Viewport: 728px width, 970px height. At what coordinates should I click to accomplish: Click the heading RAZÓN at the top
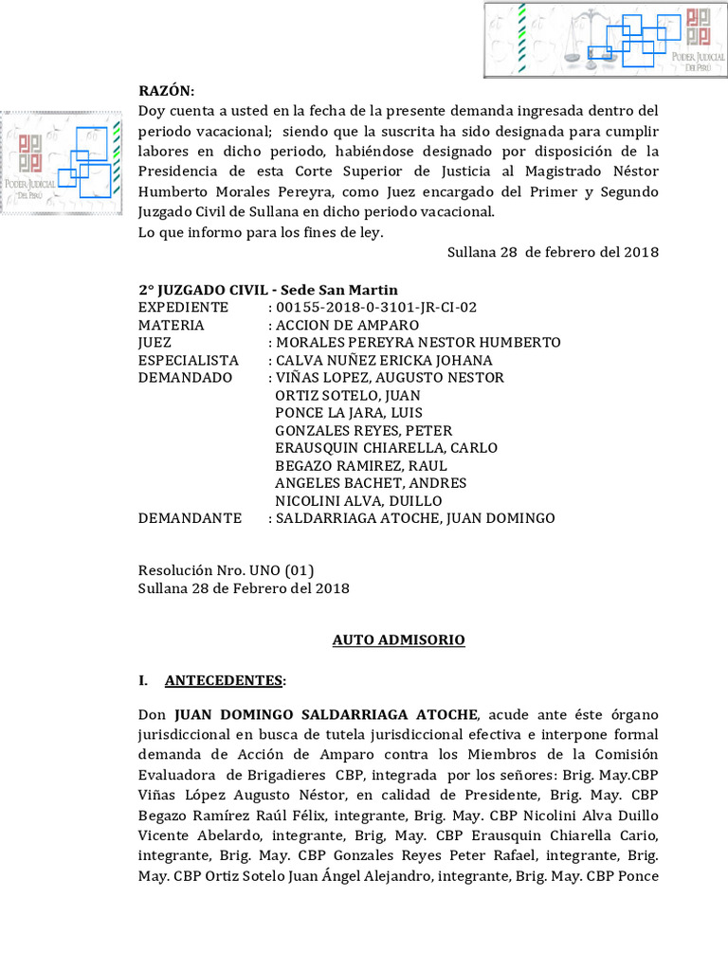pos(166,91)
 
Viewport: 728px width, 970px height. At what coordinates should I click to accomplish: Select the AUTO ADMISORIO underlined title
pos(398,640)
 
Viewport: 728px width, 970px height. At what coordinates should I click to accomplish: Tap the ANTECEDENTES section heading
pos(224,680)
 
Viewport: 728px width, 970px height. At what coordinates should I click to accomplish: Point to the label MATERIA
pos(172,325)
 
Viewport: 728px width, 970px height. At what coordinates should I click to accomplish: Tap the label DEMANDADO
pos(186,377)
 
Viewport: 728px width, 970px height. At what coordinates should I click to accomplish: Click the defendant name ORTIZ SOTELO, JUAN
pos(347,395)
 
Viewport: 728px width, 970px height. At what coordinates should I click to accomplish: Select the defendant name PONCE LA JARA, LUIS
pos(348,413)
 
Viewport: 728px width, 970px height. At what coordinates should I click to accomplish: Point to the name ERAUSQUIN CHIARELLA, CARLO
pos(386,448)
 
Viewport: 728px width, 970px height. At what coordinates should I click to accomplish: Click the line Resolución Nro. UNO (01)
pos(226,570)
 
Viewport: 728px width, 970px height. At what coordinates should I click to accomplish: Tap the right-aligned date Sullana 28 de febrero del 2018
pos(553,252)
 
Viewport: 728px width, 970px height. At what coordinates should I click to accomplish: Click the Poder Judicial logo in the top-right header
pos(604,40)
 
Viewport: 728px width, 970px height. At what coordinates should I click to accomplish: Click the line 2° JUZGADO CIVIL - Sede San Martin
pos(268,290)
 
